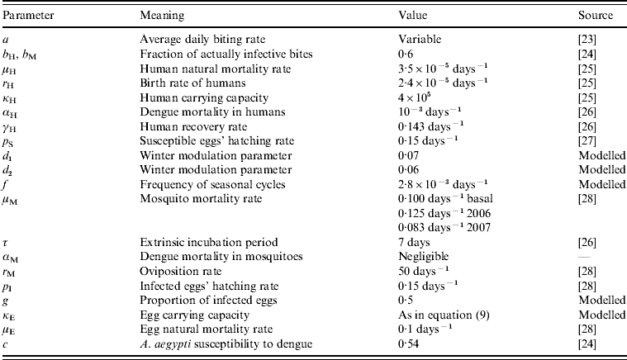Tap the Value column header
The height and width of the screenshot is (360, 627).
click(413, 17)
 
